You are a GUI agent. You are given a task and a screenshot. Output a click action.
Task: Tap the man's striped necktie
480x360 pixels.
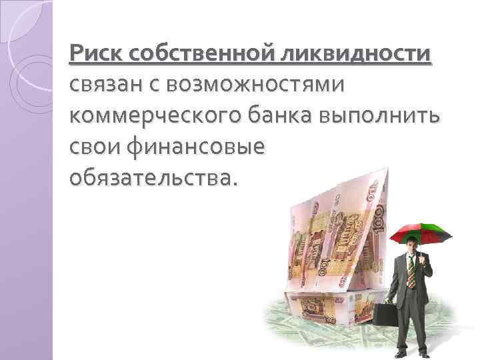pos(412,274)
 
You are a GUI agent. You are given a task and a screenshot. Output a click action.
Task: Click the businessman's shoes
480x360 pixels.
pos(419,353)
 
